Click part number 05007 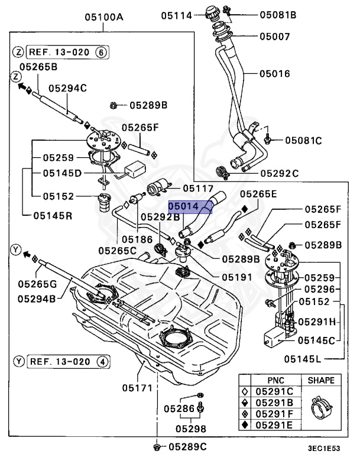(274, 37)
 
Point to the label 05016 (274, 74)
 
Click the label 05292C (280, 173)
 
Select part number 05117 (197, 189)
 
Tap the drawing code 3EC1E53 (334, 449)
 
